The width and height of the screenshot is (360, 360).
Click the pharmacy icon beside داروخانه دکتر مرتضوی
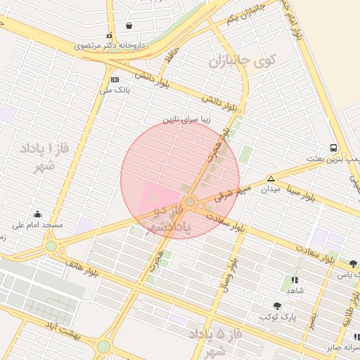point(108,35)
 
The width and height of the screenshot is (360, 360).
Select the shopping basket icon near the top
point(129,26)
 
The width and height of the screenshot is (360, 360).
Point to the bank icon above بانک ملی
point(115,79)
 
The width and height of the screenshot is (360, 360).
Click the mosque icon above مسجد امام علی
point(37,214)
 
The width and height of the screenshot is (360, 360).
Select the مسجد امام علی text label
point(37,225)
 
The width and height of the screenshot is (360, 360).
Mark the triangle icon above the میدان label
point(271,179)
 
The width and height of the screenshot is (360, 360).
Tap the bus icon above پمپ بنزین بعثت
point(333,148)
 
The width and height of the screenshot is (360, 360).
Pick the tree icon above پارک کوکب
point(278,306)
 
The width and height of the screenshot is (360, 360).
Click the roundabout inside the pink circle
point(190,202)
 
